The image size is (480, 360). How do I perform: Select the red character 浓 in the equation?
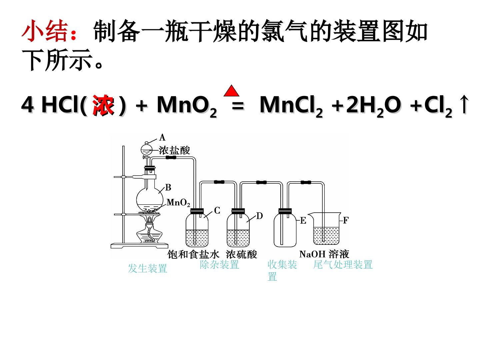pos(103,105)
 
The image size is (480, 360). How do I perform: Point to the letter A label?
pos(162,137)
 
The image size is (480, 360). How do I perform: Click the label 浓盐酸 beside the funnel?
pos(174,150)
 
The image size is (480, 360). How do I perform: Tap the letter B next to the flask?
pos(168,187)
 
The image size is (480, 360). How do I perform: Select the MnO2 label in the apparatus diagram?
pos(178,203)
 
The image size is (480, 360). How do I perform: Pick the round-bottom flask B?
pos(150,197)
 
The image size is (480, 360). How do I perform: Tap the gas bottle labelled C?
pos(197,228)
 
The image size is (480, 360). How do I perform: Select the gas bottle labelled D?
pos(238,228)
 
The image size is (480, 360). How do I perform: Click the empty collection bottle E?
pos(285,228)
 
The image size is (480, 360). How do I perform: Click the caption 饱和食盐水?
pos(194,255)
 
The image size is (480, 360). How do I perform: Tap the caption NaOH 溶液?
pos(324,254)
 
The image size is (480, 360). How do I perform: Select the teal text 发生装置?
pos(148,268)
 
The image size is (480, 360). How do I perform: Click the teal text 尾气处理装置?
pos(343,265)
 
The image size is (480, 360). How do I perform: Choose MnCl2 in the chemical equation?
pos(291,106)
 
